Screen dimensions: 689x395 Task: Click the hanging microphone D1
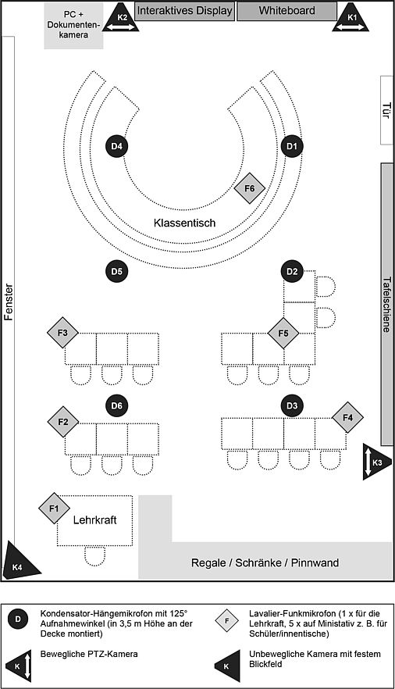click(292, 146)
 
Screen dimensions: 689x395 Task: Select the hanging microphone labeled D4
click(116, 146)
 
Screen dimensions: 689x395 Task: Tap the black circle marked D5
click(116, 272)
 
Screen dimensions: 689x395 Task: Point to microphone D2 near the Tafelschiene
click(292, 272)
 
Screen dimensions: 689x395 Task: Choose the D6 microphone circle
click(116, 405)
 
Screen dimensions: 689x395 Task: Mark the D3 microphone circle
click(292, 405)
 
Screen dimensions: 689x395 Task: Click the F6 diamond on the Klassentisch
click(250, 188)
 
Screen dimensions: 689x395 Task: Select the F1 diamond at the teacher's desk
click(54, 509)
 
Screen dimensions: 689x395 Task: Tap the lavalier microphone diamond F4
click(347, 417)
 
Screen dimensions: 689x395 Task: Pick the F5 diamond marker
click(283, 334)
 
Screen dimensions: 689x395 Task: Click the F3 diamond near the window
click(62, 334)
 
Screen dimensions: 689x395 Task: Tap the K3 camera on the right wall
click(374, 462)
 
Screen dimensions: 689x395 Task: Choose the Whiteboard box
click(286, 12)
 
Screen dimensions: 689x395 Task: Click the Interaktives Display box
click(184, 12)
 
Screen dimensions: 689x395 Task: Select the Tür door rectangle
click(386, 109)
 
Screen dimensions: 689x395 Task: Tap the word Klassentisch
click(184, 223)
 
